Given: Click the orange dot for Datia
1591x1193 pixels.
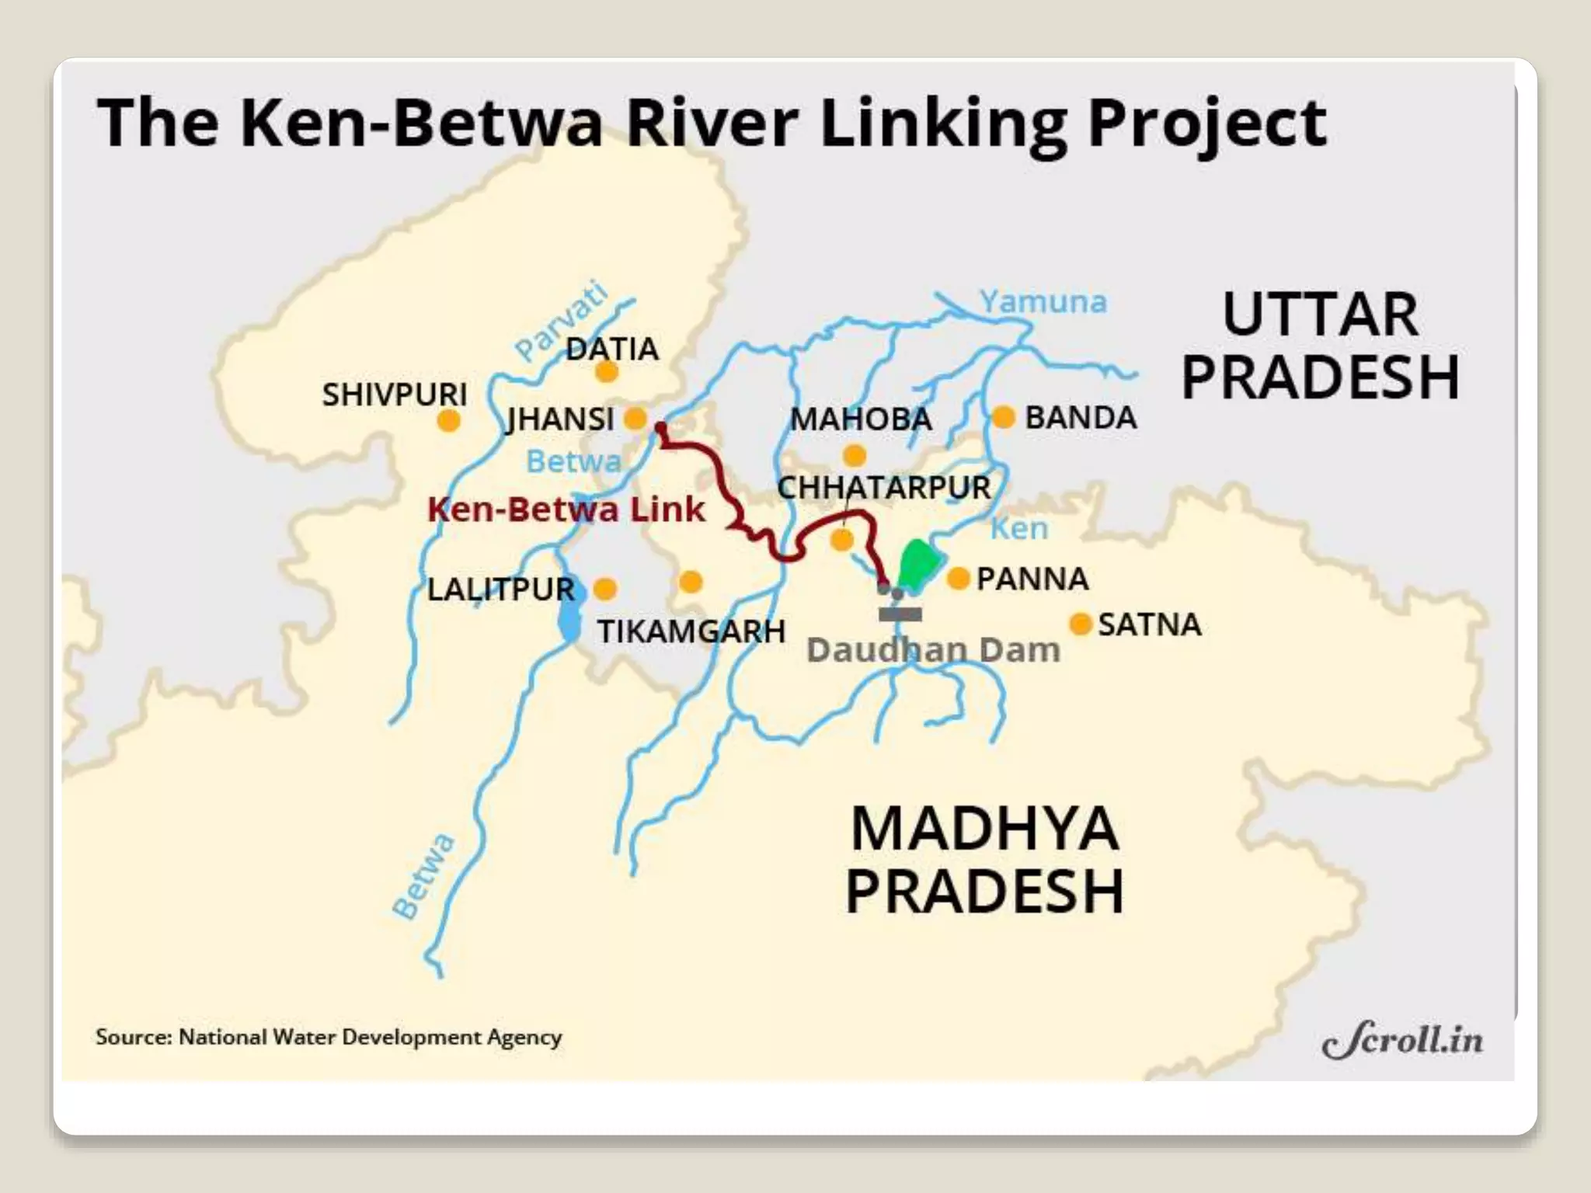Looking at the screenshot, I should coord(607,372).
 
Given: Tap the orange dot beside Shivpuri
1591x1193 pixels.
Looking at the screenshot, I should coord(448,421).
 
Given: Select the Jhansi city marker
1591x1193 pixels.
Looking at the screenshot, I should coord(635,419).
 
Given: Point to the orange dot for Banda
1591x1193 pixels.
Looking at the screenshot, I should coord(1004,417).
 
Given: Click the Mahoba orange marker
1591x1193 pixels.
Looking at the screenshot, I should coord(855,455).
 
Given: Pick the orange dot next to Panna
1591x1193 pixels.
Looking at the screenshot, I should coord(959,578).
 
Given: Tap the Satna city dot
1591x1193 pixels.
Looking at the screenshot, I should coord(1080,624).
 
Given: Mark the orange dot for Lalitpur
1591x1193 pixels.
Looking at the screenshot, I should coord(605,588).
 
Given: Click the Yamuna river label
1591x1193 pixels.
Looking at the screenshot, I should coord(1043,301).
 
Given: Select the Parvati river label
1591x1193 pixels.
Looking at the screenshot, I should coord(562,320).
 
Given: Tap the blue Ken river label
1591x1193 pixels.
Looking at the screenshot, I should coord(1018,528).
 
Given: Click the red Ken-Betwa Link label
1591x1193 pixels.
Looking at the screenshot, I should coord(566,510).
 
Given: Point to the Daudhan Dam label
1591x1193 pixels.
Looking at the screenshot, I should coord(933,649).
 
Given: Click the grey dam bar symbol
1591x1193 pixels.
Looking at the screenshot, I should coord(900,614).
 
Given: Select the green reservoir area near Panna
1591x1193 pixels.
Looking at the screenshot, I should coord(917,563).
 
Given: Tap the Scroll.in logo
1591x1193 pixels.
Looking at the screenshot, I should coord(1401,1040).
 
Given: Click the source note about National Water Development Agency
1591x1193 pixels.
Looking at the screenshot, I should coord(329,1037).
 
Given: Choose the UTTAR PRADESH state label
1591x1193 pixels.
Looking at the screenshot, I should coord(1320,346).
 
